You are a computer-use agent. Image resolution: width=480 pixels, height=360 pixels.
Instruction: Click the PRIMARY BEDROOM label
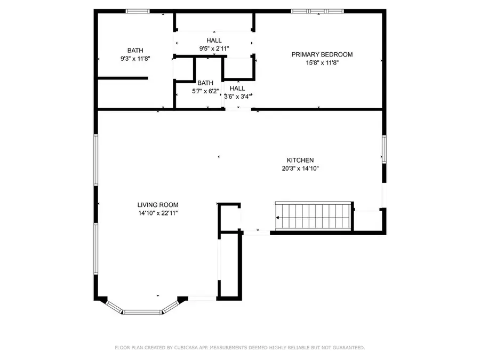[322, 54]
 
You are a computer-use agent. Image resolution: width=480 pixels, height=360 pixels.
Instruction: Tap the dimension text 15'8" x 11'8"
[322, 63]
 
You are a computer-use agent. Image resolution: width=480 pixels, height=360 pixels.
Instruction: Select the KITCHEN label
[300, 160]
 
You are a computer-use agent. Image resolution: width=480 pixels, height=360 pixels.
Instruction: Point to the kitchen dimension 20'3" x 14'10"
[300, 169]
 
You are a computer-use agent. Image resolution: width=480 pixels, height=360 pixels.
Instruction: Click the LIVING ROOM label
[157, 205]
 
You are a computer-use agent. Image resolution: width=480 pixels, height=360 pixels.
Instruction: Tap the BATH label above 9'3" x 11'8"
[135, 51]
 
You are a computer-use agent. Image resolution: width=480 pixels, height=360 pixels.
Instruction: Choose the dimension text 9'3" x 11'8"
[135, 59]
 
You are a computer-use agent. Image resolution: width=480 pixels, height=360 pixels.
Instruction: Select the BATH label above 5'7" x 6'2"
[205, 83]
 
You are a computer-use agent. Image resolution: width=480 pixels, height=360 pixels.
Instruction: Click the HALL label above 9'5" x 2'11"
[214, 41]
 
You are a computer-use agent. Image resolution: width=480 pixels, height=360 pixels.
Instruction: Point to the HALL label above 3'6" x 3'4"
[237, 89]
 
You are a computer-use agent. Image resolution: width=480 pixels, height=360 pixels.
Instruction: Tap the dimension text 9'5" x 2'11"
[214, 49]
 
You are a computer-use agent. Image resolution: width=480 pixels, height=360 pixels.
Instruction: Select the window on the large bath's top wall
[138, 11]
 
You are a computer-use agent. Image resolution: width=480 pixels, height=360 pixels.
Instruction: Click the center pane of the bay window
[142, 311]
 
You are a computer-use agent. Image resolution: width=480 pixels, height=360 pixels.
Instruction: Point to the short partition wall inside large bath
[123, 78]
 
